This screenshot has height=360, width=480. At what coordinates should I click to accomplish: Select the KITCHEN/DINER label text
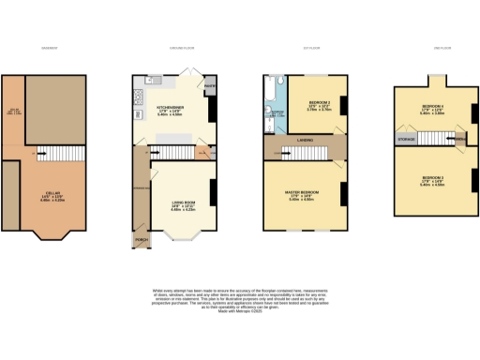[x=170, y=108]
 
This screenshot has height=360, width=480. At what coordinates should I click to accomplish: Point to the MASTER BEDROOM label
[x=302, y=192]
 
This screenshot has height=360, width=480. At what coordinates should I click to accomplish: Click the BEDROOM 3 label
[x=432, y=178]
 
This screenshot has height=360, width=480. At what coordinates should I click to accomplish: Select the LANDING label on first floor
[x=305, y=142]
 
